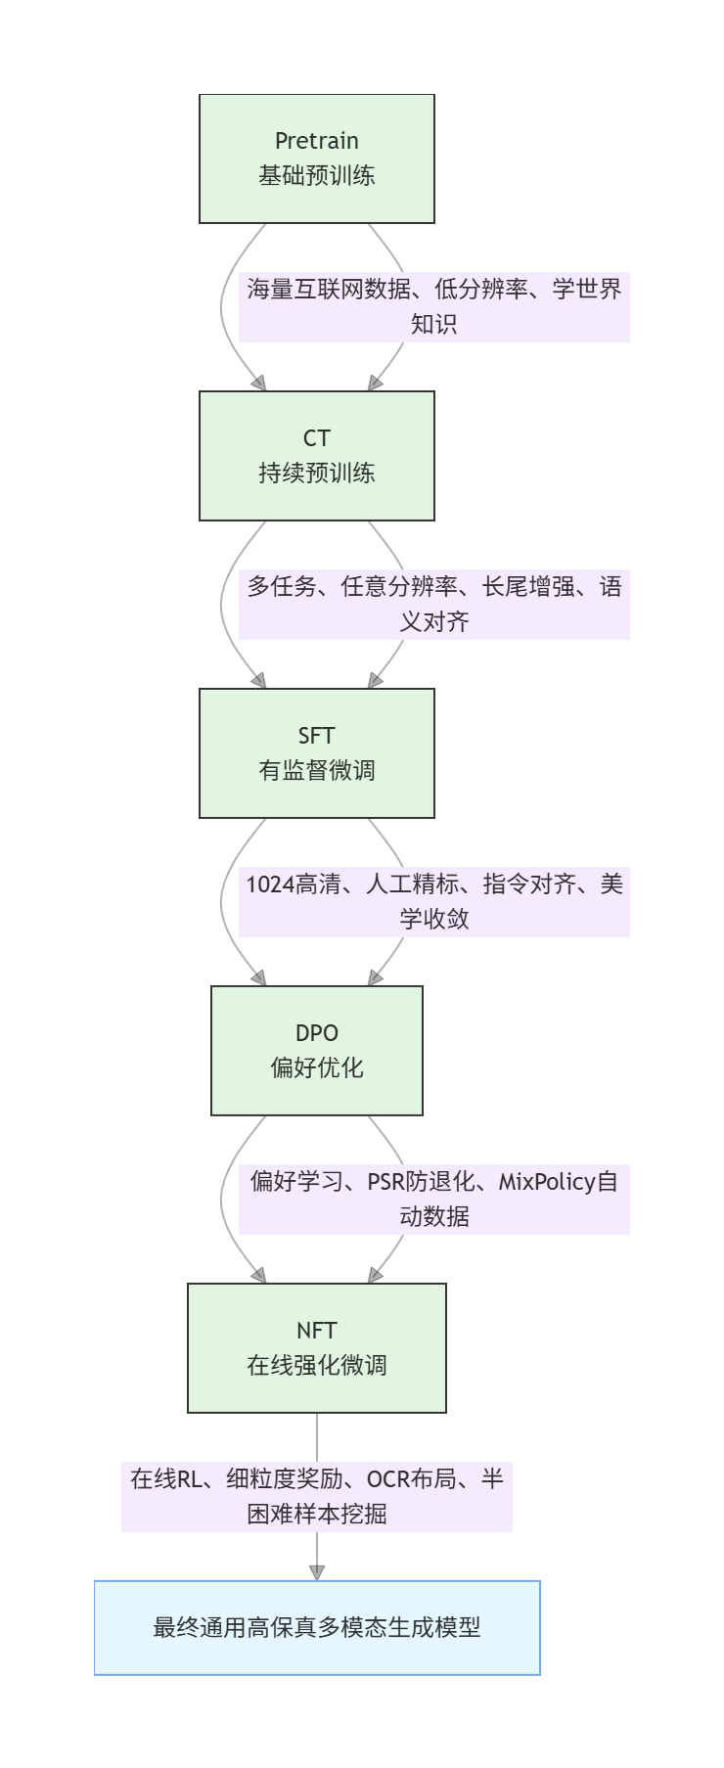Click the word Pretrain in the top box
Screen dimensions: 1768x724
point(316,141)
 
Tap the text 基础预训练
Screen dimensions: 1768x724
point(316,176)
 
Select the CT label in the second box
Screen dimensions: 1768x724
point(316,438)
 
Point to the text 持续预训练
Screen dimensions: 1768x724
point(316,474)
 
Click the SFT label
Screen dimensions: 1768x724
point(316,736)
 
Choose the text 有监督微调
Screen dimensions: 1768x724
point(316,771)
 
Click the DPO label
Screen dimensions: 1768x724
point(316,1033)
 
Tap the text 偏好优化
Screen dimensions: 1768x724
point(316,1068)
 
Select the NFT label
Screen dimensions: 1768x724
point(316,1331)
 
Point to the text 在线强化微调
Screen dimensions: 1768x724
point(316,1366)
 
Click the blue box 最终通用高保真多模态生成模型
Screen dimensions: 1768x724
point(316,1628)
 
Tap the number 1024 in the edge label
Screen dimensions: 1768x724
point(270,884)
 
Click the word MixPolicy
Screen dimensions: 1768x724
point(547,1182)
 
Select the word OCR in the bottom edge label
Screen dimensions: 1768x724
point(388,1479)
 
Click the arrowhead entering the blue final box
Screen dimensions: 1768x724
point(316,1572)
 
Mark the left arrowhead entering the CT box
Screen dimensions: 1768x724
point(259,383)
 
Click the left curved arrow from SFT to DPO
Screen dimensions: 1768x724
point(224,900)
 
